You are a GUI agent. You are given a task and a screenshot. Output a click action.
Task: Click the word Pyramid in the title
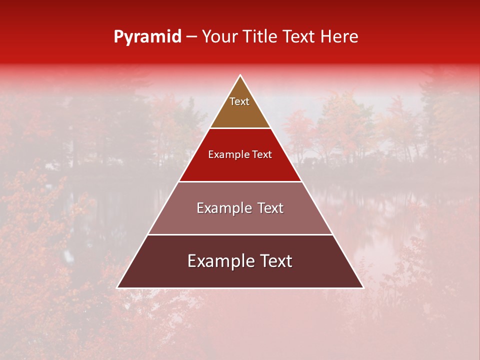[147, 37]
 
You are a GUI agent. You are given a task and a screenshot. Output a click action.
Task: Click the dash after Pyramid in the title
[191, 37]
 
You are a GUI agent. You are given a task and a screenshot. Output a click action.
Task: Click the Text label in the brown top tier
[239, 101]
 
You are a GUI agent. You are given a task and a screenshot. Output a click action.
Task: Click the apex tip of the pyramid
[240, 76]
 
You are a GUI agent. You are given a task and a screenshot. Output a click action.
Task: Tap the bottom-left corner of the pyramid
[118, 287]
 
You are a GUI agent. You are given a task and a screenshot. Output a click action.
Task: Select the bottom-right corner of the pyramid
[362, 287]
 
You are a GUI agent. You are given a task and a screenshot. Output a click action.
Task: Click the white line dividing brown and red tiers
[240, 128]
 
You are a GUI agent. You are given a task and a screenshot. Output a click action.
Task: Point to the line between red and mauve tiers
[240, 181]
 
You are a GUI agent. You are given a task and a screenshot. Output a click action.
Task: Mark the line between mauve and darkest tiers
[240, 234]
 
